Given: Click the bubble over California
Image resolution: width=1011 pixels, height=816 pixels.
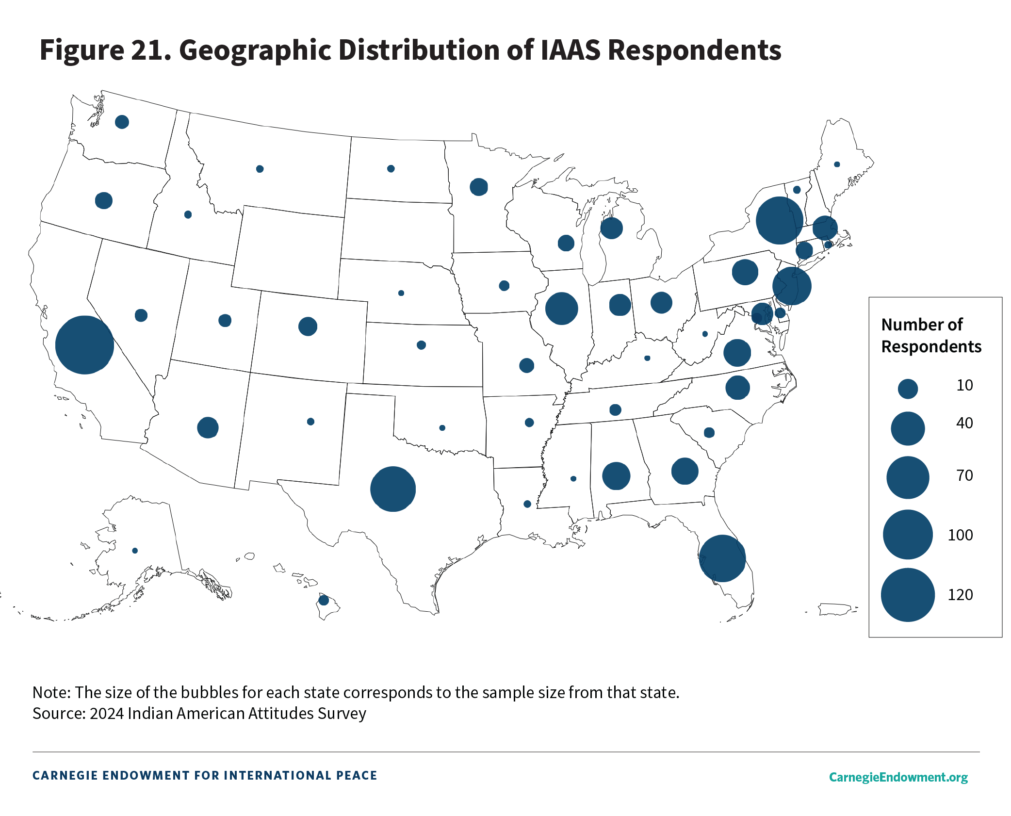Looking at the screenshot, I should tap(84, 345).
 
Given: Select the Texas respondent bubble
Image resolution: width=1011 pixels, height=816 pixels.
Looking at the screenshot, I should tap(392, 489).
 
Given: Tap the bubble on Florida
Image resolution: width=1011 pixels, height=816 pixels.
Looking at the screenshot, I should tap(722, 558).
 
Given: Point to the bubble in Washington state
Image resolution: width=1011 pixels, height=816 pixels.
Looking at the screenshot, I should tap(122, 122).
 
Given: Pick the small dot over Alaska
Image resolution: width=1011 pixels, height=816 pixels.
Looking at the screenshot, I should tap(135, 551).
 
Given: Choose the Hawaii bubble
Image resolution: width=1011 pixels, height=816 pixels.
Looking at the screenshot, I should tap(324, 601).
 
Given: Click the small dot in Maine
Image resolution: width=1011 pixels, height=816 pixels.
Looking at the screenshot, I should tap(837, 164).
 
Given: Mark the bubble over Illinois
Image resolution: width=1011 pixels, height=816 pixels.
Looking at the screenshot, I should tap(561, 309).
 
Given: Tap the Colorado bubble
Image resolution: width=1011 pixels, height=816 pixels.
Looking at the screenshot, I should tap(308, 326).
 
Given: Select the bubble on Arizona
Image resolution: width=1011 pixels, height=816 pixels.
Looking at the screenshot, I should tap(208, 427).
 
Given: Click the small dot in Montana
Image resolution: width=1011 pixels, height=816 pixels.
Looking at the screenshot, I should tap(260, 169).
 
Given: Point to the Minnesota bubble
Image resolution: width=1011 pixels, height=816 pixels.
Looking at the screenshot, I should tap(479, 187).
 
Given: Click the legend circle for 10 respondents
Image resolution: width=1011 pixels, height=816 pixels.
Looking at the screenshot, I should tap(908, 389).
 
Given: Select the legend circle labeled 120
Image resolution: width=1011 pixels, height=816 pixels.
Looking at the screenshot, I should tap(908, 595).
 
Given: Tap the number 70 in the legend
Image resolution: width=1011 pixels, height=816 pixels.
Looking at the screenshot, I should tap(964, 475).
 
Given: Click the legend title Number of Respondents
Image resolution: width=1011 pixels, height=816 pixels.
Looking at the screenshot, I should tap(930, 335).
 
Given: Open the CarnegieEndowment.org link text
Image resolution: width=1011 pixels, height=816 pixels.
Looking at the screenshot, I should tap(898, 777).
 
